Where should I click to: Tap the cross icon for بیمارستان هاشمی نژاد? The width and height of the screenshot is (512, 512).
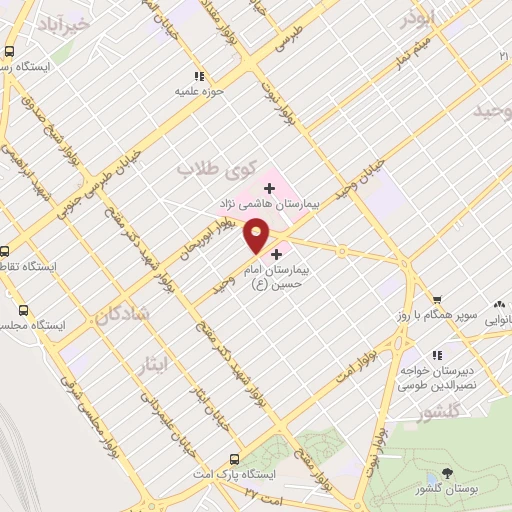coord(269,187)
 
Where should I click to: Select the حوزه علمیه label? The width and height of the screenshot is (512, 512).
coord(197,92)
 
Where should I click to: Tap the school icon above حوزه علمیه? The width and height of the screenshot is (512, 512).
coord(198,76)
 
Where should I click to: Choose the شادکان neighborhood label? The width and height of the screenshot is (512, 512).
coord(121,314)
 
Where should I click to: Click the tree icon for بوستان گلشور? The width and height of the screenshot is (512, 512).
coord(446,472)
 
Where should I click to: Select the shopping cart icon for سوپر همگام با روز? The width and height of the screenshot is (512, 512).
coord(436,300)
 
